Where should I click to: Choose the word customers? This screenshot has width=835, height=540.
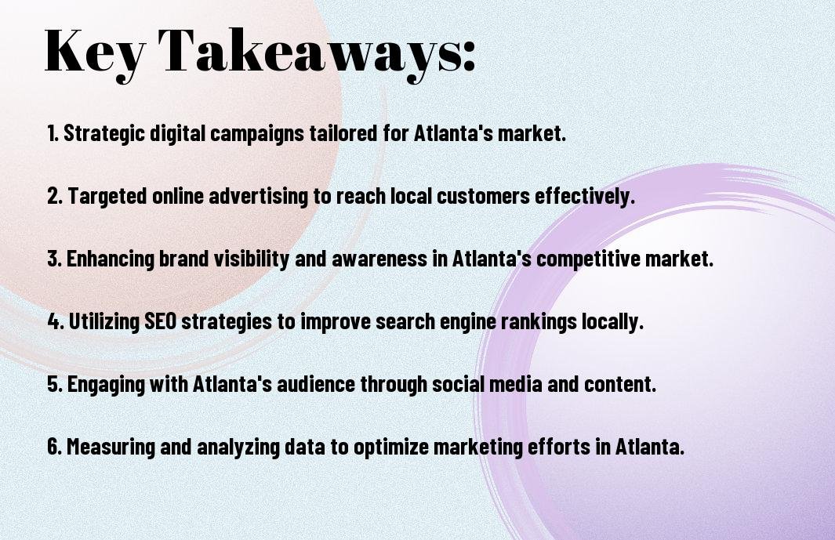483,196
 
